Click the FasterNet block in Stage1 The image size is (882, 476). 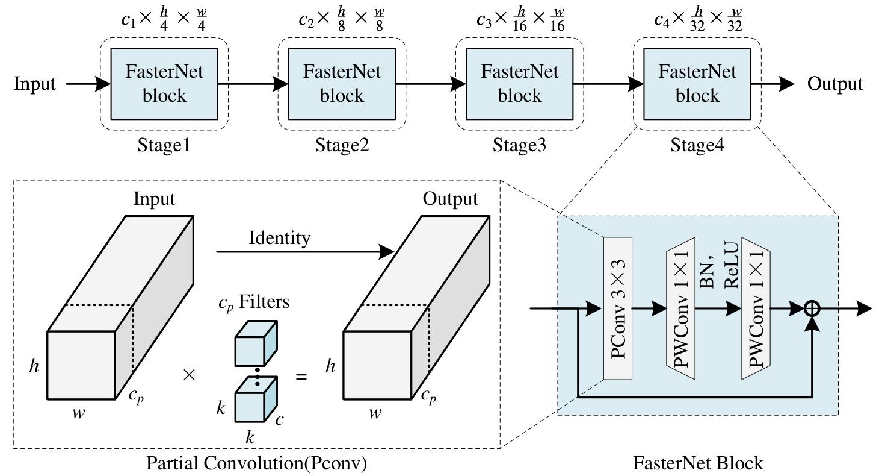click(x=164, y=84)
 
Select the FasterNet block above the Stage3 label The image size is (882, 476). click(x=519, y=84)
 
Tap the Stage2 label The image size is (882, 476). click(x=342, y=145)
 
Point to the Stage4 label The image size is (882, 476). click(x=697, y=145)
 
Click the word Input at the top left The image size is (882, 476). click(x=34, y=84)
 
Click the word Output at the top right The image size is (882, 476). click(x=834, y=84)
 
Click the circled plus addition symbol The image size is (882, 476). click(x=812, y=308)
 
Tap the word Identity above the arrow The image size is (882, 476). click(x=280, y=238)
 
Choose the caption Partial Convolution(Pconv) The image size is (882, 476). click(x=257, y=463)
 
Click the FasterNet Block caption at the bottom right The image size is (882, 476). click(x=698, y=463)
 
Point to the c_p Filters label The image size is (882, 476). click(x=253, y=301)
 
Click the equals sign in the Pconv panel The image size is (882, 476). click(x=301, y=377)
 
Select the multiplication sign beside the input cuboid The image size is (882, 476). click(x=189, y=375)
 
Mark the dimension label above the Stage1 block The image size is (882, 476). click(x=164, y=20)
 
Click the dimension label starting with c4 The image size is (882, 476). click(x=698, y=20)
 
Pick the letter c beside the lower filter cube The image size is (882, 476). click(x=280, y=419)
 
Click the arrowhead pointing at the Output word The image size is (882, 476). click(x=786, y=84)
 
